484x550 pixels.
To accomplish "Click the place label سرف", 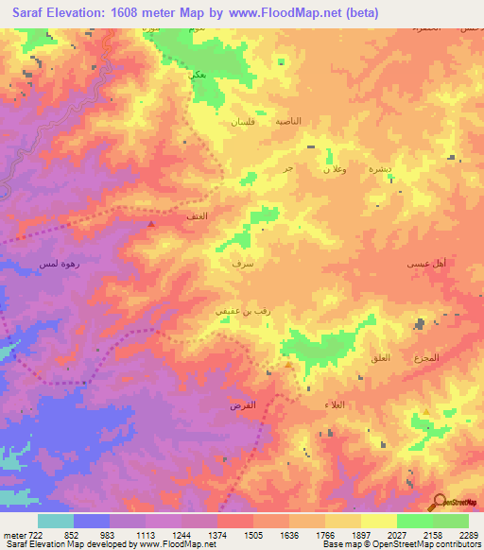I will point(241,266).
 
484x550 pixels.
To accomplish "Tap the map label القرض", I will point(243,404).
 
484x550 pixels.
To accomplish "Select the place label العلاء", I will point(360,404).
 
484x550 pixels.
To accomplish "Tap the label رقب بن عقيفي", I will point(233,307).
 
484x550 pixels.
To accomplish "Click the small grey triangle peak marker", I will point(150,224).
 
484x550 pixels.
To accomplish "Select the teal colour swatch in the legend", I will point(55,521).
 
